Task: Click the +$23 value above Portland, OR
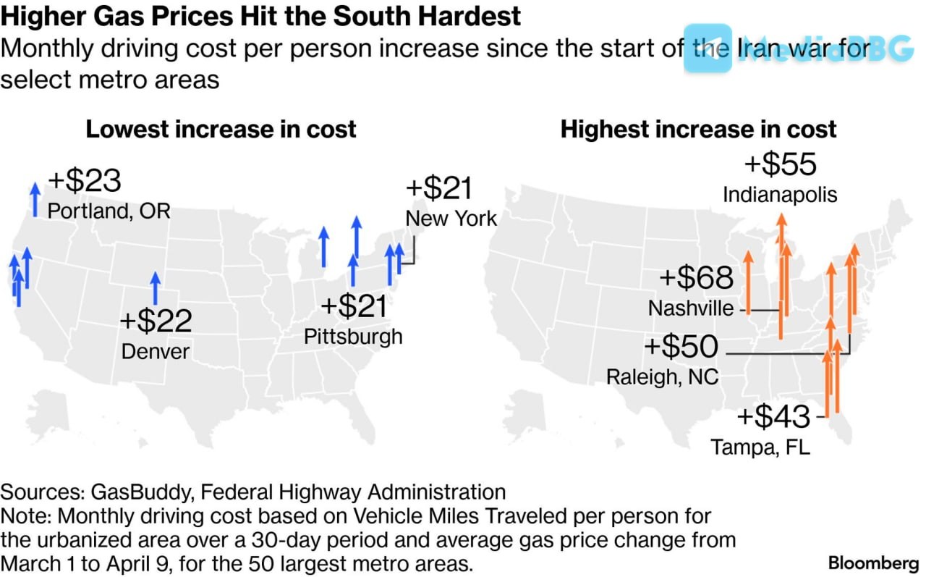(84, 181)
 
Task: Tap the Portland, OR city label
(109, 211)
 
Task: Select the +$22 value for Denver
(156, 321)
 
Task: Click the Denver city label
(156, 352)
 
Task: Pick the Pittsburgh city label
(353, 337)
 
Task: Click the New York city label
(451, 218)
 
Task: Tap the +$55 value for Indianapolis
(780, 164)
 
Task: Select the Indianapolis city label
(780, 194)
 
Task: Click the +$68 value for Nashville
(696, 278)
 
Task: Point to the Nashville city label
(691, 308)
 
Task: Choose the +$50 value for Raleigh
(681, 347)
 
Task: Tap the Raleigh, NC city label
(662, 377)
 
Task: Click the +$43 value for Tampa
(773, 417)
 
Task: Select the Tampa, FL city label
(760, 447)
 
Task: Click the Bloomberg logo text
(874, 563)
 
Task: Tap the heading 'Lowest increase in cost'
(221, 130)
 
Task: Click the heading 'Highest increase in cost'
(698, 130)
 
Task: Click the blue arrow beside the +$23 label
(35, 199)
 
